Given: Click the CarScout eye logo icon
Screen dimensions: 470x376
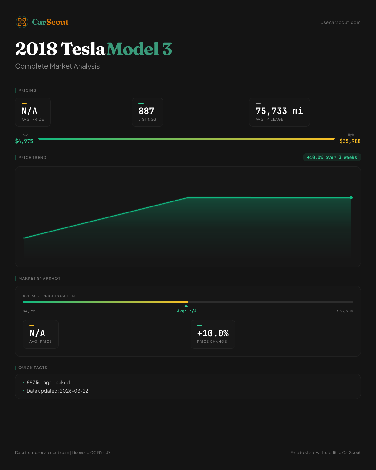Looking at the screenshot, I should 22,22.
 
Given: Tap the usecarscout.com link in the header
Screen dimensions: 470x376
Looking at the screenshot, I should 340,22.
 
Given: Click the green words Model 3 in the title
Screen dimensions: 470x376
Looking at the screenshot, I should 139,49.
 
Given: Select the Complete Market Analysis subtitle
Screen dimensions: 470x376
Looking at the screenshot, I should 57,66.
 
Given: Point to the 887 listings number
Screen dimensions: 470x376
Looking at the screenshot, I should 146,111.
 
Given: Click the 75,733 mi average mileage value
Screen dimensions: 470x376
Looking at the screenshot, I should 279,111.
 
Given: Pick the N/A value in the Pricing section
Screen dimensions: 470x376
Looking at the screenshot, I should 29,111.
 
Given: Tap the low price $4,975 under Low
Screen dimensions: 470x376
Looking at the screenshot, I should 24,141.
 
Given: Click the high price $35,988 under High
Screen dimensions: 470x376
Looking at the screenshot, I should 350,141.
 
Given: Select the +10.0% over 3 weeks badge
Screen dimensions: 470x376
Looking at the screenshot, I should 332,157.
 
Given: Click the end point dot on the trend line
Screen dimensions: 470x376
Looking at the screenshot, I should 351,198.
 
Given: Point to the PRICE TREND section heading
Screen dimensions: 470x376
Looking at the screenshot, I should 32,157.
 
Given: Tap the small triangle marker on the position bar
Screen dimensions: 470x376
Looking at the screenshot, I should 186,306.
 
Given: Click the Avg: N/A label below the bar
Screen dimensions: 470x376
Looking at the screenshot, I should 187,311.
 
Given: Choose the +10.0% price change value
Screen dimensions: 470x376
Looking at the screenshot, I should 213,333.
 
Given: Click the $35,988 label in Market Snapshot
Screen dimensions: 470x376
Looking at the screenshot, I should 345,311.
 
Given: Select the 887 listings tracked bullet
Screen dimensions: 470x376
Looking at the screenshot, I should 48,382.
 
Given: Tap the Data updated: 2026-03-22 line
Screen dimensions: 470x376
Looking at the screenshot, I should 57,391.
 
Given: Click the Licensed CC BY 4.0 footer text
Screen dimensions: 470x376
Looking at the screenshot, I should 91,452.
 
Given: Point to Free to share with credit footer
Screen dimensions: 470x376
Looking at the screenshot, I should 325,452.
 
